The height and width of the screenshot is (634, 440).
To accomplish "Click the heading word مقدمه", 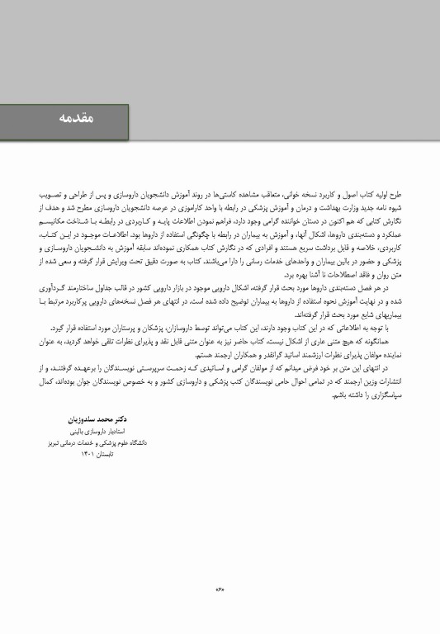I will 78,118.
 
